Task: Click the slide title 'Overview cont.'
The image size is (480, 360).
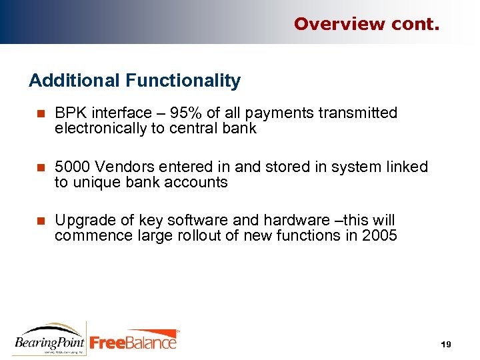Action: [367, 24]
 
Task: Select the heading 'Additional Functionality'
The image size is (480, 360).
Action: [135, 81]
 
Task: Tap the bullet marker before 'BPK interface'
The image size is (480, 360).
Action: [40, 114]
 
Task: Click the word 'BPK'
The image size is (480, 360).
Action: [69, 113]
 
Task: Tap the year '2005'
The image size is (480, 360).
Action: [379, 235]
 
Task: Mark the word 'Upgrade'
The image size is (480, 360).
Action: [81, 221]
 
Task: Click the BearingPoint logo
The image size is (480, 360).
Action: [49, 339]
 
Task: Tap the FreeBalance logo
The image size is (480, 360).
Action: [134, 340]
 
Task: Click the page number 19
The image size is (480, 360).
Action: [446, 344]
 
